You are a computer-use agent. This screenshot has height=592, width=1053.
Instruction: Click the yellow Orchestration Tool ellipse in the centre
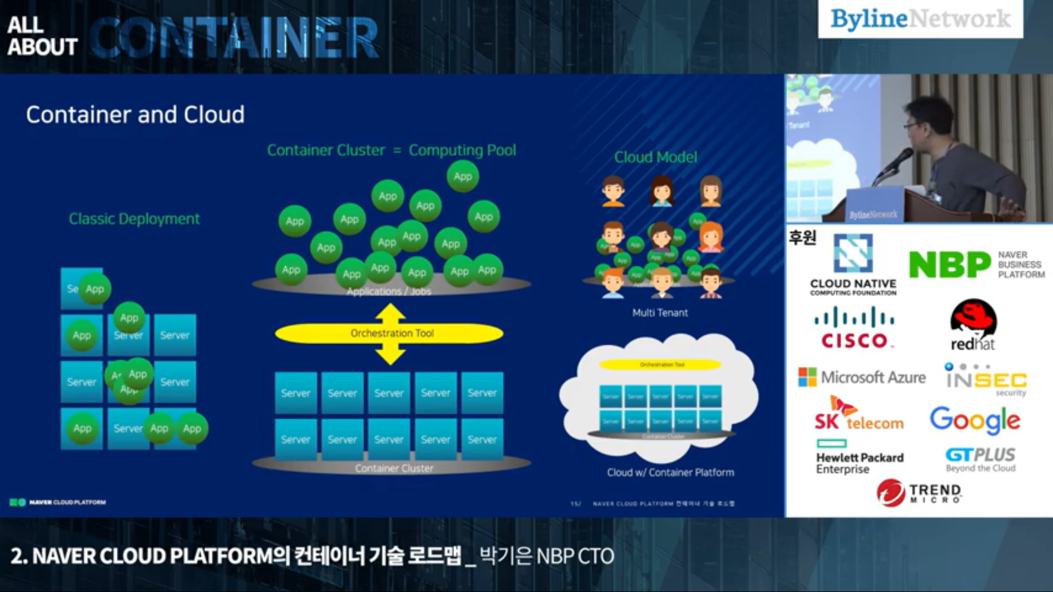(x=389, y=333)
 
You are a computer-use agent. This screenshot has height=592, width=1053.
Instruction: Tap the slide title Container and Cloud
(x=135, y=115)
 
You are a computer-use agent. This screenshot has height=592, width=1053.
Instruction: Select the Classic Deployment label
(x=134, y=219)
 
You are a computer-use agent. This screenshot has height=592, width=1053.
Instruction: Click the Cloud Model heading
(x=655, y=157)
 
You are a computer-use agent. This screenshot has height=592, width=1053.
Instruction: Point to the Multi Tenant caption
(x=660, y=313)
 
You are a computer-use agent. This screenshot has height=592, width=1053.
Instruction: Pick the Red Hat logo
(x=973, y=325)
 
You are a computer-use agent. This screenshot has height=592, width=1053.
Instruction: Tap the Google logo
(x=975, y=420)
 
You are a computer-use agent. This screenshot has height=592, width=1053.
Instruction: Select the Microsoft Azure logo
(x=862, y=377)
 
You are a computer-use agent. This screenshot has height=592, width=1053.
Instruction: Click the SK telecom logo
(x=858, y=414)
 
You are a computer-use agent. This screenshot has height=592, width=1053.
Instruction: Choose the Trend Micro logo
(x=919, y=492)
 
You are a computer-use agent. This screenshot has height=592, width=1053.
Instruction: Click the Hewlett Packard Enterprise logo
(x=859, y=458)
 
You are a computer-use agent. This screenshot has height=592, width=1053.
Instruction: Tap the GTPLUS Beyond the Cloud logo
(x=980, y=459)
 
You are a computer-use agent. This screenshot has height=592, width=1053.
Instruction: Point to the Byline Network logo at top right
(x=920, y=19)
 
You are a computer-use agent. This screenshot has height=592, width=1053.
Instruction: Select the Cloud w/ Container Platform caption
(x=670, y=473)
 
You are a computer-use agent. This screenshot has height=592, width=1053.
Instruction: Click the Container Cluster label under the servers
(x=394, y=468)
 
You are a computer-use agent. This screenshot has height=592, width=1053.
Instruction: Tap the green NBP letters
(x=949, y=265)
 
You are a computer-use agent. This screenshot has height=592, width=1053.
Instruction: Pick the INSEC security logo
(x=986, y=379)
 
